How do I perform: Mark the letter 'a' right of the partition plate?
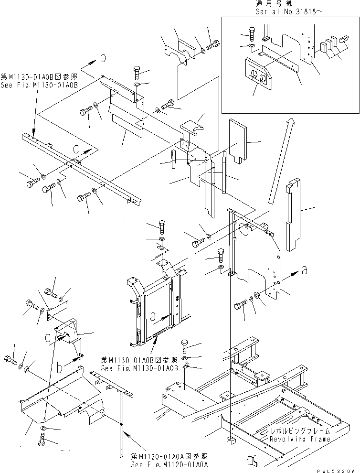click(x=304, y=271)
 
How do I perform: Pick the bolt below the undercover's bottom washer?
click(x=40, y=441)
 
